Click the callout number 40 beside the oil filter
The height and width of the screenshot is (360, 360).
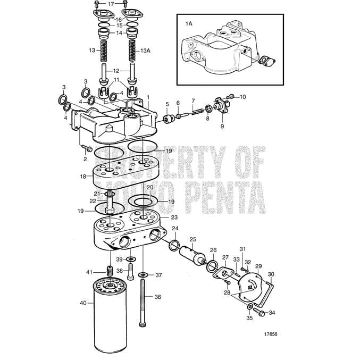[83, 303]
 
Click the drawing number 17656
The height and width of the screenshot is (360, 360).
[271, 334]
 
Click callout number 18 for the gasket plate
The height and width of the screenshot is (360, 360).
[83, 176]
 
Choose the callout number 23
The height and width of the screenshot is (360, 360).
[174, 217]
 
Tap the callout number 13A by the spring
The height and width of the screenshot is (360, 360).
[145, 50]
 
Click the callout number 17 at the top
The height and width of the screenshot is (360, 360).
[111, 4]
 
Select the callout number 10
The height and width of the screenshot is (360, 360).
[243, 97]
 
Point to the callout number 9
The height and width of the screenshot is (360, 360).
[222, 127]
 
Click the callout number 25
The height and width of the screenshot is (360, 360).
[193, 239]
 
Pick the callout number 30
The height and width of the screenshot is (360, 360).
[271, 274]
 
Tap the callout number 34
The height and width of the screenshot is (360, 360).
[272, 313]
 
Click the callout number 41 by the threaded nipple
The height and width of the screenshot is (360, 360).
[89, 272]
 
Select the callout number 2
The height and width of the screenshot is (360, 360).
[85, 158]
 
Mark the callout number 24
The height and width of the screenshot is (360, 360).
[175, 228]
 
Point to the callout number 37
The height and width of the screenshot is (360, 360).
[158, 275]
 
